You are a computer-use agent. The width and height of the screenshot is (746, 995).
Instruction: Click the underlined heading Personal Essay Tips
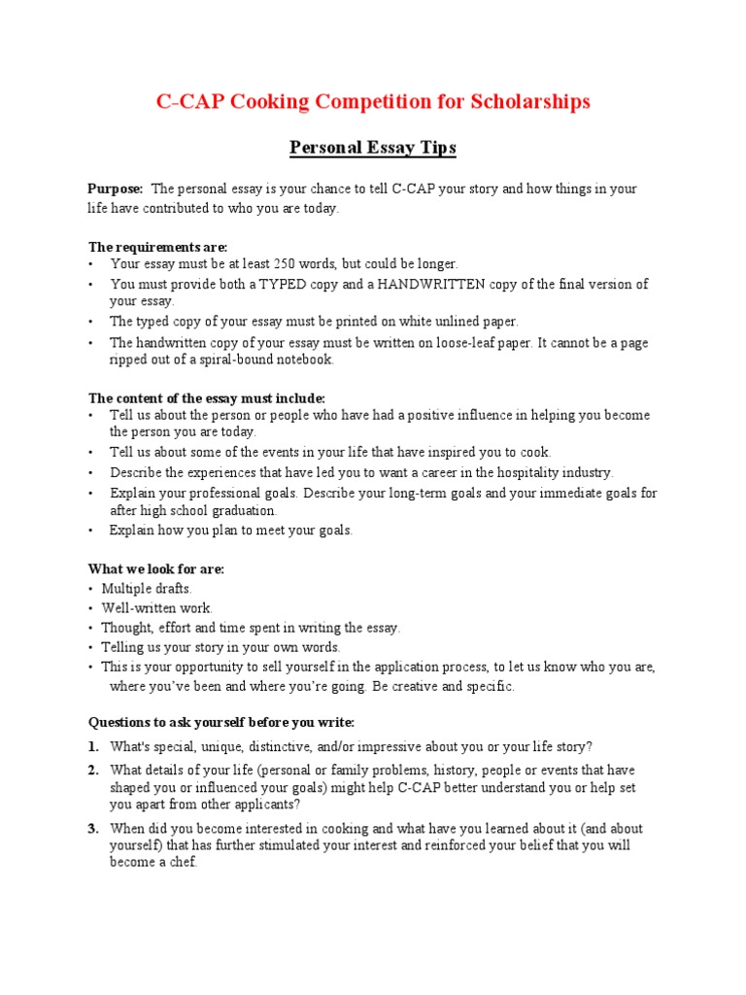(x=373, y=149)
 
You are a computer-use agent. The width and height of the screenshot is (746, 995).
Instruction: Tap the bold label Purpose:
(x=116, y=189)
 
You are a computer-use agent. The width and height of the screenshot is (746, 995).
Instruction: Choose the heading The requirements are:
(x=158, y=247)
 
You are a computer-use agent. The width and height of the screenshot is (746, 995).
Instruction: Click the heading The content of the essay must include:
(x=207, y=398)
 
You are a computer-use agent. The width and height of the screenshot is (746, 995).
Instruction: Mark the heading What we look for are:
(x=156, y=569)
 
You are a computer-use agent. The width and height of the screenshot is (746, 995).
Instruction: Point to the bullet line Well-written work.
(x=156, y=608)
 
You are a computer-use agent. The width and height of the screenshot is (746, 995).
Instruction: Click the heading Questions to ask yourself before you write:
(x=221, y=722)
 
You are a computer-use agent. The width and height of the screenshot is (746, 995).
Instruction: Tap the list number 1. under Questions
(x=93, y=746)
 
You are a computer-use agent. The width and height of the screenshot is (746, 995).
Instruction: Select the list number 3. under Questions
(x=93, y=829)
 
